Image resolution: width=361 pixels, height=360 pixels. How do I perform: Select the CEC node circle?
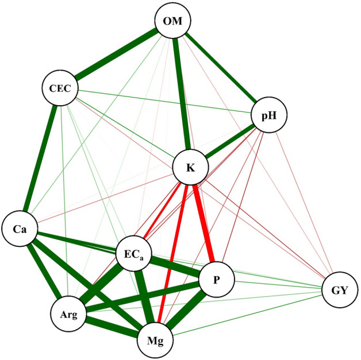(60, 89)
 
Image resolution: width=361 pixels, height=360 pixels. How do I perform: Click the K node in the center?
(191, 168)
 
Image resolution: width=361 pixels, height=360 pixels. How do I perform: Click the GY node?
(340, 291)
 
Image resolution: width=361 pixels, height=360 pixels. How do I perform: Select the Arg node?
(68, 315)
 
